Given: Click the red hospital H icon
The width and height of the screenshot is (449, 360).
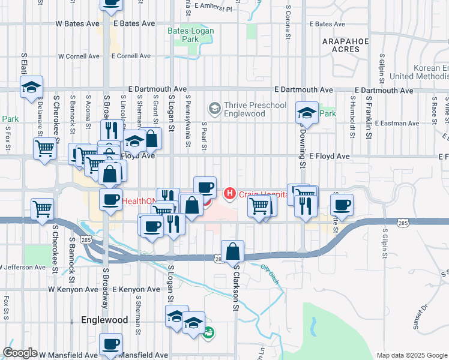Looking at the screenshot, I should click(229, 193).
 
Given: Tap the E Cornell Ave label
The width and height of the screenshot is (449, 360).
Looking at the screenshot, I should click(130, 56).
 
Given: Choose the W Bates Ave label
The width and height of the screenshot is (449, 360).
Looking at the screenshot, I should click(77, 23).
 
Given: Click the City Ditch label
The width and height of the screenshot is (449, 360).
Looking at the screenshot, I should click(272, 268).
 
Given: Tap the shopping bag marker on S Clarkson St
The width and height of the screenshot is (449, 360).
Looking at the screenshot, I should click(232, 252).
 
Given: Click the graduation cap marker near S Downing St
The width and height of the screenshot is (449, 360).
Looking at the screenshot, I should click(307, 113).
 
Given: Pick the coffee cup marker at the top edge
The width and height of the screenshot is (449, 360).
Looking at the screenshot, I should click(112, 3).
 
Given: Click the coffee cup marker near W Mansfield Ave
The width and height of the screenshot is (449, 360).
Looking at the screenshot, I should click(110, 345).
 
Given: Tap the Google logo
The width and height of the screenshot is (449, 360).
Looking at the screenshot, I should click(20, 353).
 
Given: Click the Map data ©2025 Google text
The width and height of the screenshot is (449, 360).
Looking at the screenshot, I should click(412, 355).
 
